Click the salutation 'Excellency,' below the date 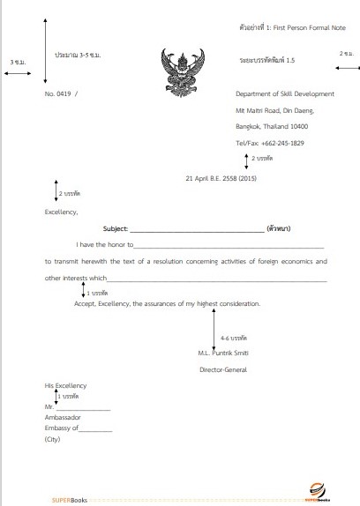tap(61, 211)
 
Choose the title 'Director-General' tap(224, 369)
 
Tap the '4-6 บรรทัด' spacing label tap(234, 338)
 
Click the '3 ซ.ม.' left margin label tap(18, 63)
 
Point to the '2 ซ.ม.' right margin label tap(346, 54)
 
